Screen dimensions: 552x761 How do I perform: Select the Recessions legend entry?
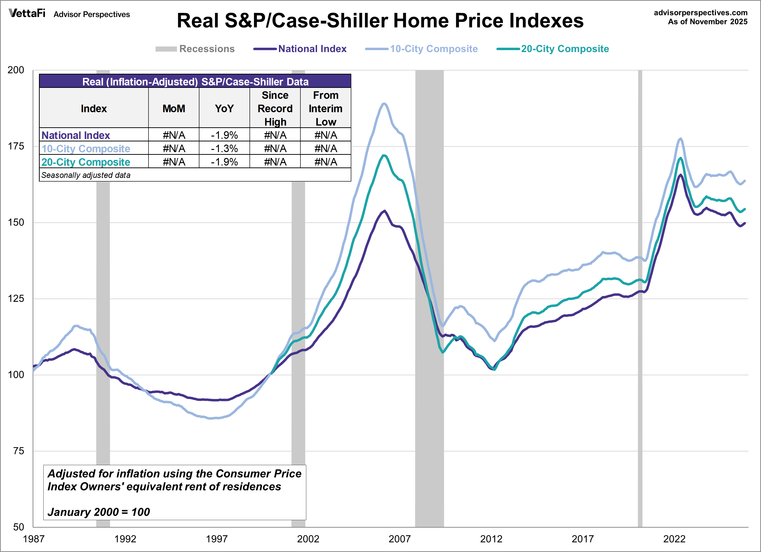pyautogui.click(x=195, y=49)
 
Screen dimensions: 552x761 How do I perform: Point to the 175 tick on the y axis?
pyautogui.click(x=16, y=146)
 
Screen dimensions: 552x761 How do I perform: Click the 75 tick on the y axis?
pyautogui.click(x=19, y=451)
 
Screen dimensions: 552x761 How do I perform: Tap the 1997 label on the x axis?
pyautogui.click(x=216, y=539)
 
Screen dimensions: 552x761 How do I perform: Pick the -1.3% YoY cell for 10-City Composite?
pyautogui.click(x=224, y=148)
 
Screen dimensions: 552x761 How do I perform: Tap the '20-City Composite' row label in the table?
pyautogui.click(x=86, y=162)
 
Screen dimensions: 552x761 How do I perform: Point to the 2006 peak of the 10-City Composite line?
pyautogui.click(x=384, y=104)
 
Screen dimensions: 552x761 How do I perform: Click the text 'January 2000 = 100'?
pyautogui.click(x=99, y=512)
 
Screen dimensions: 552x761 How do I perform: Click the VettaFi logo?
pyautogui.click(x=27, y=13)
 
